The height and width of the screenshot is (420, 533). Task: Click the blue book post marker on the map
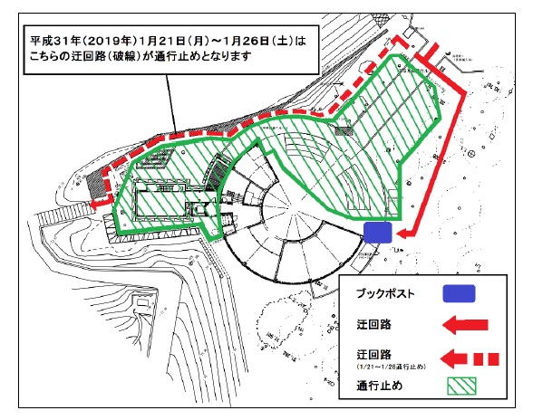click(376, 232)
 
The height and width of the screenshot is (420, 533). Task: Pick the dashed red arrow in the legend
click(462, 357)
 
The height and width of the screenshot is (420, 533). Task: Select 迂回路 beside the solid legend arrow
click(365, 324)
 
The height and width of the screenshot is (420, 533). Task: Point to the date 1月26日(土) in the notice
click(261, 42)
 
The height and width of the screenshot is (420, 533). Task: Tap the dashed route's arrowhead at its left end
click(97, 204)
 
